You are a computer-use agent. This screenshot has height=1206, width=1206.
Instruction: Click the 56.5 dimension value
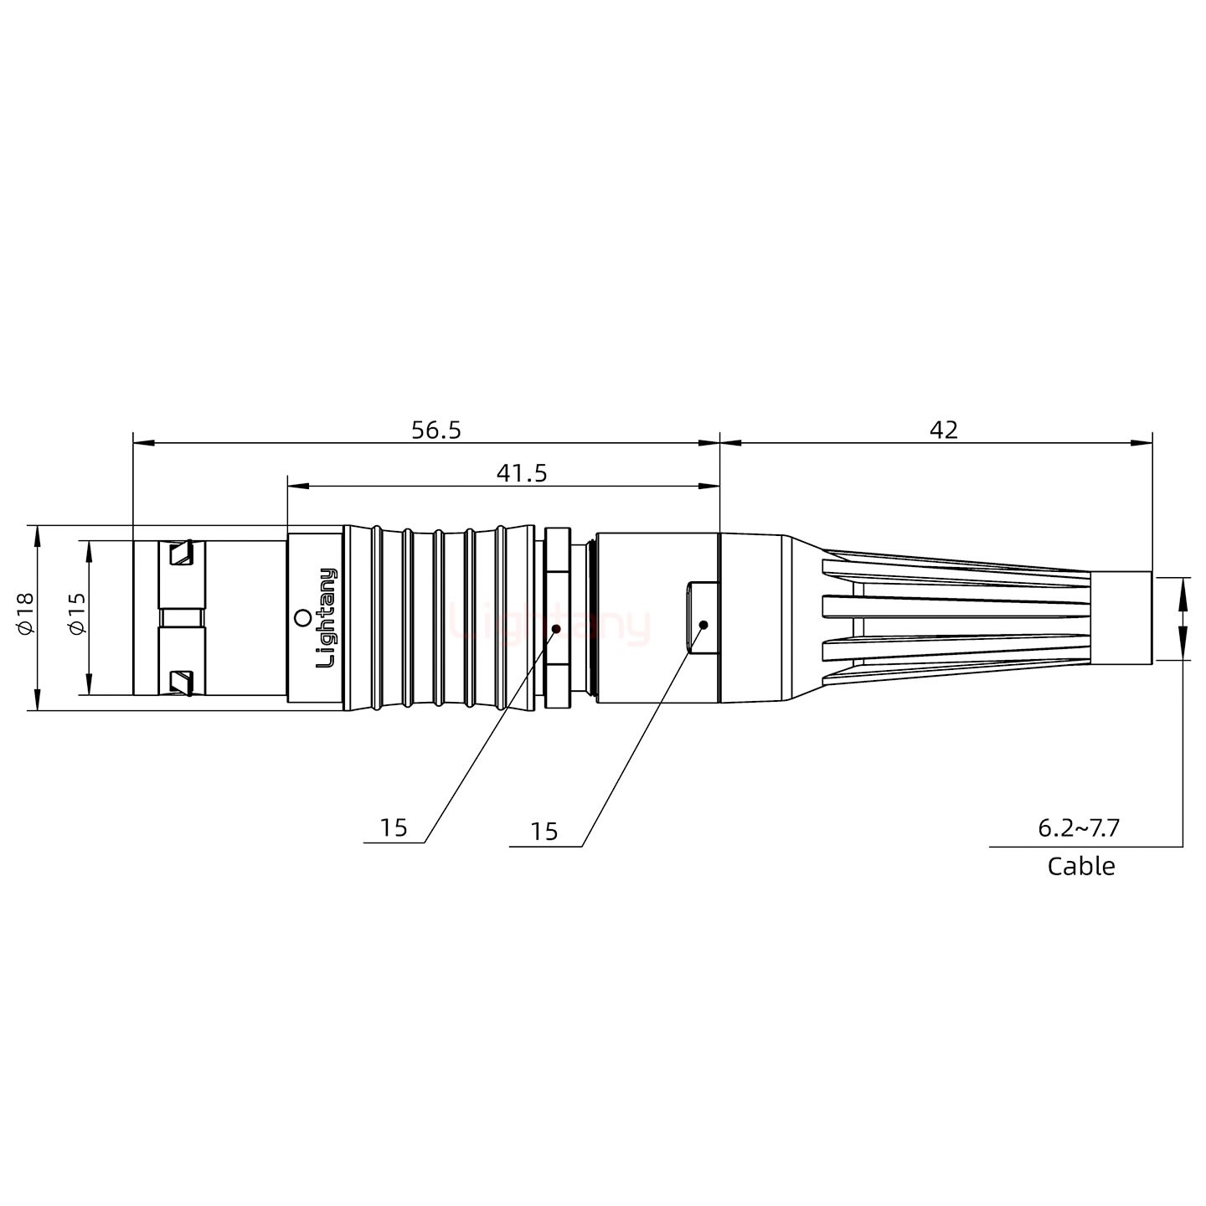pyautogui.click(x=435, y=430)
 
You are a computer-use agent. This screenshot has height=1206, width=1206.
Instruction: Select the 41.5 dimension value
pyautogui.click(x=521, y=473)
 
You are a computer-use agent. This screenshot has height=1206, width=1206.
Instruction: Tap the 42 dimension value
pyautogui.click(x=943, y=430)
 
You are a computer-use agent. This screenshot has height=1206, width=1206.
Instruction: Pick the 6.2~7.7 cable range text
pyautogui.click(x=1079, y=828)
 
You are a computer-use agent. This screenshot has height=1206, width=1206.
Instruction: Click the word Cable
pyautogui.click(x=1080, y=866)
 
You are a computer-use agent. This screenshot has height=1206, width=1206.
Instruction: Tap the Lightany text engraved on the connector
pyautogui.click(x=327, y=617)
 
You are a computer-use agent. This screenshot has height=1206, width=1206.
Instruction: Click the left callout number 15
pyautogui.click(x=393, y=828)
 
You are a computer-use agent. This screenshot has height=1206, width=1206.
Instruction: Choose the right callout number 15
pyautogui.click(x=544, y=832)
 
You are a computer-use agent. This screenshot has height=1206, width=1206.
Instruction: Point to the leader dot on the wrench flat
pyautogui.click(x=703, y=625)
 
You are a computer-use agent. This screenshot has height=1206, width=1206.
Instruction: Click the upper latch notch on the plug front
pyautogui.click(x=181, y=554)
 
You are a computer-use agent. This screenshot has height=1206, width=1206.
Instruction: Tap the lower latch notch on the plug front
pyautogui.click(x=181, y=682)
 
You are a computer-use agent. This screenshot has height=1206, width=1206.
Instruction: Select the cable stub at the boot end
pyautogui.click(x=1122, y=617)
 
